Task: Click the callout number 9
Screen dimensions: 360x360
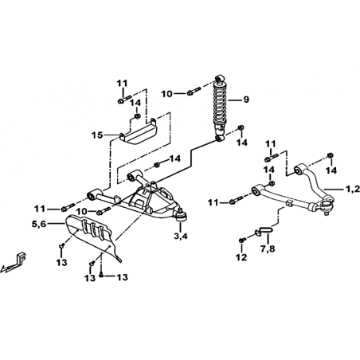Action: (246, 100)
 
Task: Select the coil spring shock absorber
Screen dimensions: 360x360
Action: (220, 108)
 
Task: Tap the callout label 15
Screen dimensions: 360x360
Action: (97, 135)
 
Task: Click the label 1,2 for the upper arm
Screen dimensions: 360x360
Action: (353, 189)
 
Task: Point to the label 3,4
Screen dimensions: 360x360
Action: (181, 236)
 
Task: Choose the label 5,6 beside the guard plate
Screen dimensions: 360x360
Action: (39, 224)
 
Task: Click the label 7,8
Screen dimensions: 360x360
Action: (268, 248)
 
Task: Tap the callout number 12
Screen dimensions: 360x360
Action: (241, 257)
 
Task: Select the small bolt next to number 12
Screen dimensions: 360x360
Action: (242, 240)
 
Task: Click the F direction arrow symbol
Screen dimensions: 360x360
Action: (14, 263)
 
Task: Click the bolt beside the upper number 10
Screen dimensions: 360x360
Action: (194, 92)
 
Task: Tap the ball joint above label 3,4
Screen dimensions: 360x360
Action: (181, 216)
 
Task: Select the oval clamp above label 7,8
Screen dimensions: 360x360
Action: (264, 230)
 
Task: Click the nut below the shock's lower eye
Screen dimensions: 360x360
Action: (241, 128)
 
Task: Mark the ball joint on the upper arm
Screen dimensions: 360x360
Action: (327, 205)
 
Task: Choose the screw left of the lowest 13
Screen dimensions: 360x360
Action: (102, 276)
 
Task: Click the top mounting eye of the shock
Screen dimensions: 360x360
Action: (221, 78)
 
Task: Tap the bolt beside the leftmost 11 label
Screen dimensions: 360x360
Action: (68, 207)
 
